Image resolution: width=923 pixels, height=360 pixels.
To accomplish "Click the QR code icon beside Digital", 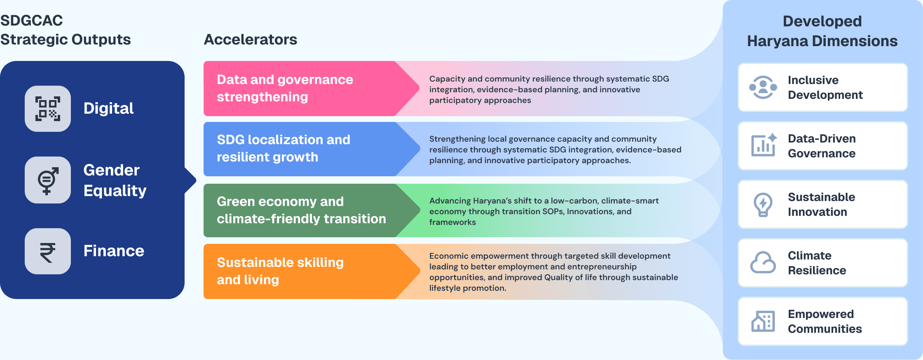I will pyautogui.click(x=48, y=109).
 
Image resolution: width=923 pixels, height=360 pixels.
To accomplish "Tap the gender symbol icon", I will pyautogui.click(x=48, y=180).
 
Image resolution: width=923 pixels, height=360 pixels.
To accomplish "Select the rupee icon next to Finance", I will pyautogui.click(x=48, y=251).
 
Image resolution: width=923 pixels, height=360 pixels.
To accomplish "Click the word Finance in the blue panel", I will pyautogui.click(x=114, y=251).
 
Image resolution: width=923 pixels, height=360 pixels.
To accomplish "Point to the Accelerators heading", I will pyautogui.click(x=251, y=40).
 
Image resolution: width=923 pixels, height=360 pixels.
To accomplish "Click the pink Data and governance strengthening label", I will pyautogui.click(x=285, y=88).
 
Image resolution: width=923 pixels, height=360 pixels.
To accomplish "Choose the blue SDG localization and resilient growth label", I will pyautogui.click(x=283, y=148).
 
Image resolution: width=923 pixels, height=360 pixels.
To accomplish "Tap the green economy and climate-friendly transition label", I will pyautogui.click(x=301, y=210).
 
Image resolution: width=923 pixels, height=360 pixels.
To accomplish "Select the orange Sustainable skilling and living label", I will pyautogui.click(x=280, y=271).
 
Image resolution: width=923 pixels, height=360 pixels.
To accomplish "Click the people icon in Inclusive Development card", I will pyautogui.click(x=763, y=87).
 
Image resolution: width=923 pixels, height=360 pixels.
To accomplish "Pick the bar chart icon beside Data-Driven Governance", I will pyautogui.click(x=764, y=145).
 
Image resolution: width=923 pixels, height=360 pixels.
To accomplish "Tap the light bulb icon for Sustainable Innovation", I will pyautogui.click(x=763, y=204).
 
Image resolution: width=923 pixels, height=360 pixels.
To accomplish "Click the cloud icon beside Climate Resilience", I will pyautogui.click(x=763, y=263).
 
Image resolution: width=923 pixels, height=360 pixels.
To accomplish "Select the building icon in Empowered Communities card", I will pyautogui.click(x=763, y=321).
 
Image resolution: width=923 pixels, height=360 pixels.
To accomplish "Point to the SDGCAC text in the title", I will pyautogui.click(x=32, y=21).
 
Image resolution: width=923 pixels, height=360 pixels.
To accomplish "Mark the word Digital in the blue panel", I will pyautogui.click(x=108, y=108).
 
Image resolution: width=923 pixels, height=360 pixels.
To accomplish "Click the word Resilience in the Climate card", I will pyautogui.click(x=817, y=271).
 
